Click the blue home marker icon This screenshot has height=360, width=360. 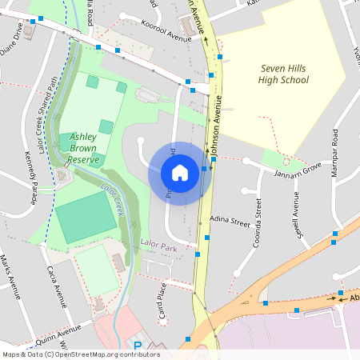tap(180, 172)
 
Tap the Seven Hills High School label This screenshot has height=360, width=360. tap(283, 74)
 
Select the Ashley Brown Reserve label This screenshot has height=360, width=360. tap(83, 148)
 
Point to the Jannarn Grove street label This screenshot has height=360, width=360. tap(298, 170)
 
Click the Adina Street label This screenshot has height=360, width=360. tap(230, 218)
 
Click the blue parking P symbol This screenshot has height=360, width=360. tap(137, 346)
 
